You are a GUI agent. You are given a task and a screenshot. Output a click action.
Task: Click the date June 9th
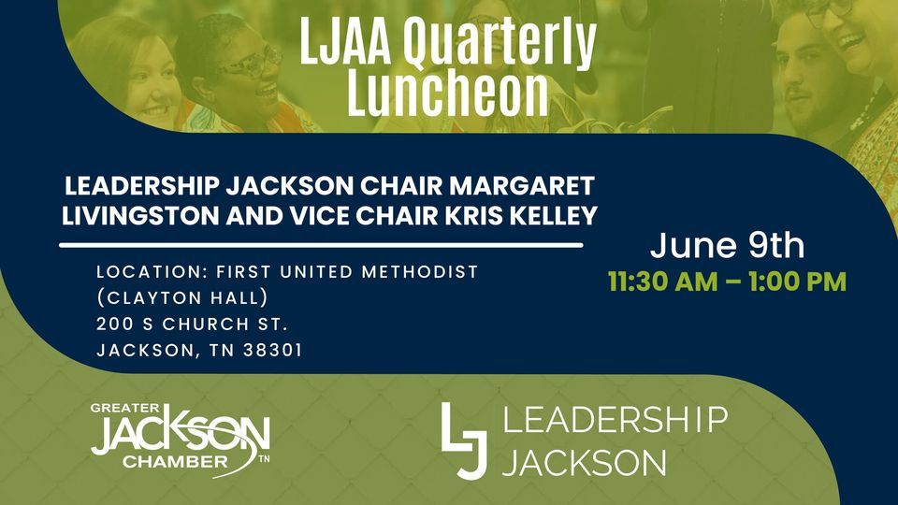(727, 246)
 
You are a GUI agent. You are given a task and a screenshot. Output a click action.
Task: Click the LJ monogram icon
(464, 440)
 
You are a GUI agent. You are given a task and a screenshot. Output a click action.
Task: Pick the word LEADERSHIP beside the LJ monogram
(615, 420)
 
